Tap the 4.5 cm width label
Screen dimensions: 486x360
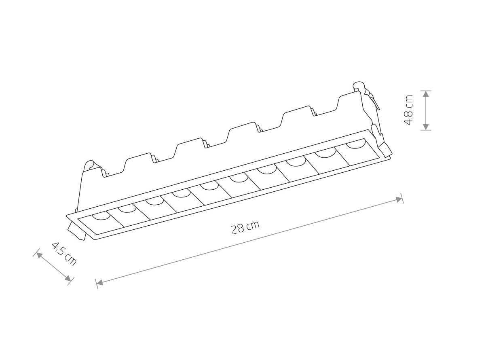tap(64, 254)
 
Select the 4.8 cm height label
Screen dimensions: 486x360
tap(408, 110)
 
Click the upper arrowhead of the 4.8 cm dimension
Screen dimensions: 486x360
tap(425, 94)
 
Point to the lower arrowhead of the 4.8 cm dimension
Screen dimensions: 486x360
tap(425, 127)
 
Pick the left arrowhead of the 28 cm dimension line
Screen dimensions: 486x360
tap(100, 282)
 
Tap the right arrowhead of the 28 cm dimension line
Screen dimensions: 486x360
tap(399, 199)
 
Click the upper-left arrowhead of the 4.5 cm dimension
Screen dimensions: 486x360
tap(39, 255)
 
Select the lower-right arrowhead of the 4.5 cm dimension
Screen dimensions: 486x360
tap(68, 278)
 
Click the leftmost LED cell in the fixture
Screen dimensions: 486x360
tap(101, 222)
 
